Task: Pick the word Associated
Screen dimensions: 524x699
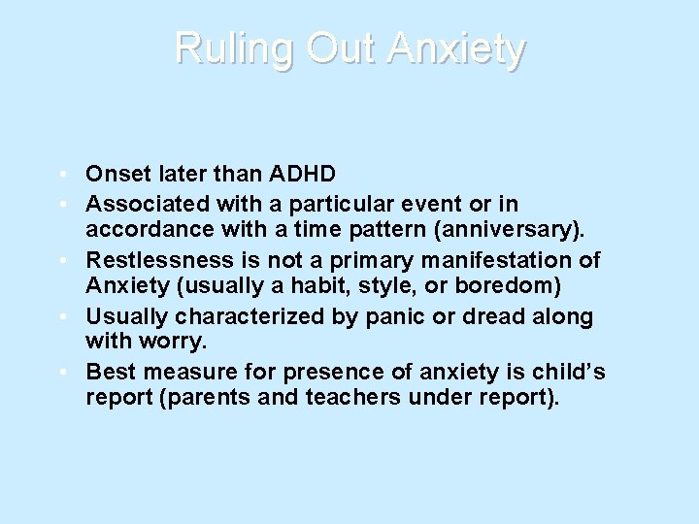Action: click(x=140, y=204)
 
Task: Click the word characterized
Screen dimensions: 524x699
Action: click(x=248, y=316)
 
